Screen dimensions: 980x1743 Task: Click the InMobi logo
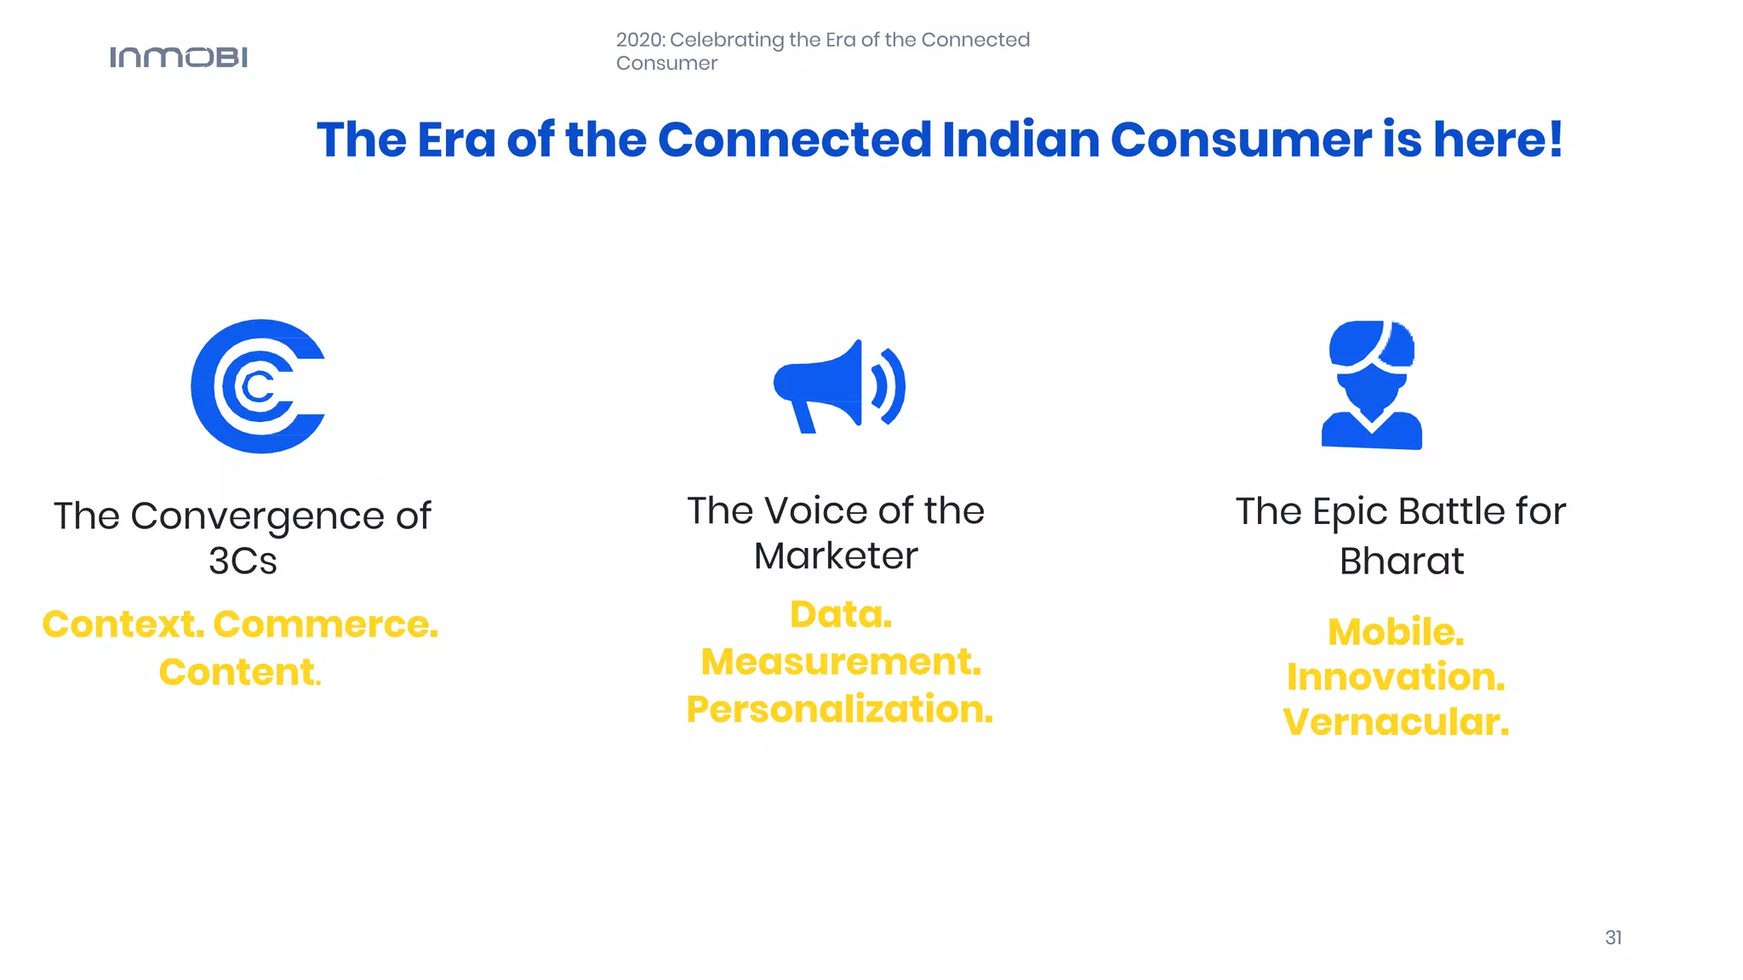coord(179,57)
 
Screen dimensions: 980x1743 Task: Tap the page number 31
coord(1613,937)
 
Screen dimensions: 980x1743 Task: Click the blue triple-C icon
coord(258,386)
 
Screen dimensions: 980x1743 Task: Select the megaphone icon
coord(838,386)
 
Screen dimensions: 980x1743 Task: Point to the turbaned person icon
coord(1371,385)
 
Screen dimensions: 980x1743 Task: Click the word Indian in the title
coord(1020,140)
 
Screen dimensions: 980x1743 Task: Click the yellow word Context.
coord(123,624)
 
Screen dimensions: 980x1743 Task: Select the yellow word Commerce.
coord(325,624)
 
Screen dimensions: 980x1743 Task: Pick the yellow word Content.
coord(238,672)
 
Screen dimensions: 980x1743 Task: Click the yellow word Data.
coord(840,614)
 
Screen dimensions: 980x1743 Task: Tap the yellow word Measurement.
coord(840,662)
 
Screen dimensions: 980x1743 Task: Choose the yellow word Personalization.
coord(839,709)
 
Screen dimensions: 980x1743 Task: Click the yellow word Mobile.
coord(1396,632)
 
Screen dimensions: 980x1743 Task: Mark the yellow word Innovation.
coord(1396,677)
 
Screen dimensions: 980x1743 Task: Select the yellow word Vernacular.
coord(1396,722)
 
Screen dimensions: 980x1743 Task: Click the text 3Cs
coord(243,561)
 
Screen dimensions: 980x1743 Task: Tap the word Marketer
coord(836,556)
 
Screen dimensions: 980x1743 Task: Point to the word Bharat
coord(1401,561)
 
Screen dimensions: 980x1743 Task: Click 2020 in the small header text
coord(640,40)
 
